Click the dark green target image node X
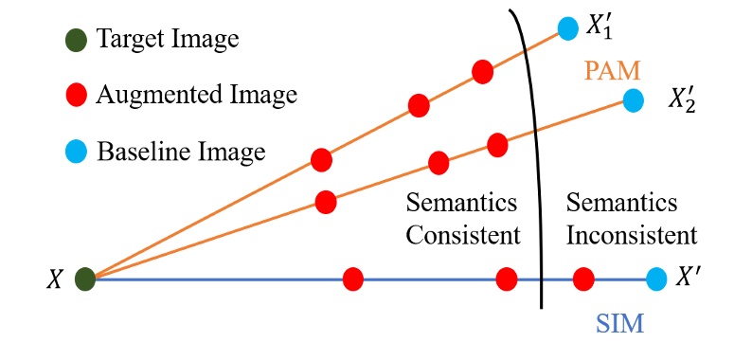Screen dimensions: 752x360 tap(85, 279)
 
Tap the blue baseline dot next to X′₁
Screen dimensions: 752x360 tap(567, 28)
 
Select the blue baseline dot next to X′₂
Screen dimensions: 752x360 tap(633, 99)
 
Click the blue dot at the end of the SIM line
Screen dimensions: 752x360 tap(655, 279)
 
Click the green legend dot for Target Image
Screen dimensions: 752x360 tap(78, 40)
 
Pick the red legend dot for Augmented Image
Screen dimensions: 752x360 tap(78, 95)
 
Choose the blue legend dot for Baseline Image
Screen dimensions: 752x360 tap(78, 151)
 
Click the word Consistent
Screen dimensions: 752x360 tap(463, 234)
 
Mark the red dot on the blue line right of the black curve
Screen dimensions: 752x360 tap(583, 279)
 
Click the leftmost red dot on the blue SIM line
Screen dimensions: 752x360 tap(353, 279)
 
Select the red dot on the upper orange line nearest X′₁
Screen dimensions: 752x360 tap(482, 71)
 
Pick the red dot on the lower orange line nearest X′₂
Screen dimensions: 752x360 tap(497, 144)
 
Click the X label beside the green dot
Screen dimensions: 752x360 tap(56, 279)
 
